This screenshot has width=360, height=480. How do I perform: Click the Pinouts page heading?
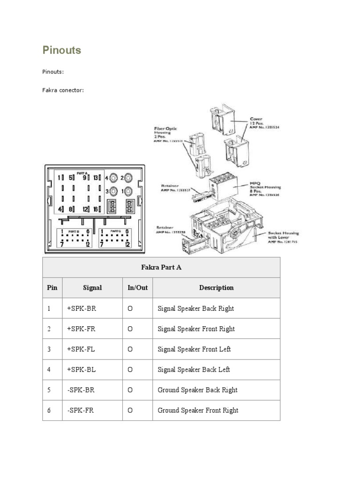click(x=61, y=50)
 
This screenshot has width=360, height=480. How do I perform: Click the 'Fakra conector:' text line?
click(x=63, y=90)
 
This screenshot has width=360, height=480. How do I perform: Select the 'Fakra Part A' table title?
click(x=161, y=267)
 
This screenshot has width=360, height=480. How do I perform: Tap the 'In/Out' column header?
click(x=137, y=287)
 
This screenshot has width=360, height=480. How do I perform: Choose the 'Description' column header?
click(x=216, y=287)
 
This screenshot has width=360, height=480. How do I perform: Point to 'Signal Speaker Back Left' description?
click(x=194, y=369)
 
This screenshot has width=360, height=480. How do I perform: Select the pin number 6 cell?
click(x=49, y=410)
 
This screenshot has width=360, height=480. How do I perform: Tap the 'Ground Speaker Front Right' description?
click(x=198, y=410)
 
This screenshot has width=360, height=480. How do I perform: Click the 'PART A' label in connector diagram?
click(x=82, y=172)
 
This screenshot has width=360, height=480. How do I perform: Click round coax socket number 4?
click(x=113, y=178)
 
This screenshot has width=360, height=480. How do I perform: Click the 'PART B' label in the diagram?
click(x=74, y=232)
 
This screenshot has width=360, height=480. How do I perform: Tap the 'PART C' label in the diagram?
click(x=116, y=232)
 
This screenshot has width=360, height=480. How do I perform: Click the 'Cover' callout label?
click(x=256, y=120)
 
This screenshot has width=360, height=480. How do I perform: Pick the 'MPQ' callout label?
click(x=255, y=183)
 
